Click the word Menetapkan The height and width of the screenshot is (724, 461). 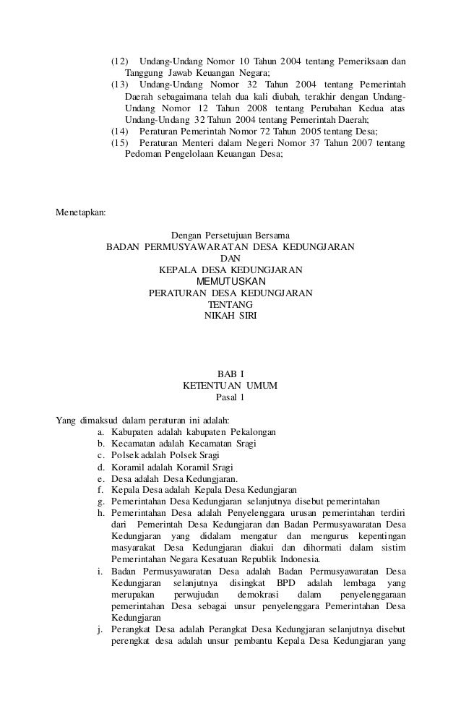click(81, 213)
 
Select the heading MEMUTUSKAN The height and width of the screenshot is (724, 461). click(231, 281)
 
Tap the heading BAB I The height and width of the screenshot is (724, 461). click(231, 374)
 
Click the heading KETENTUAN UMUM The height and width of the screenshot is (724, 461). click(231, 386)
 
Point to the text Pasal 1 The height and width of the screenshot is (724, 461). click(231, 397)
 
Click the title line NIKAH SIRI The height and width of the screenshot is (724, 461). click(231, 316)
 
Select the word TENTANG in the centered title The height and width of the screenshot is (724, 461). click(231, 304)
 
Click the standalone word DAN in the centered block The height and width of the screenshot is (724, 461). click(231, 258)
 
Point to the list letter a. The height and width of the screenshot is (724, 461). click(100, 431)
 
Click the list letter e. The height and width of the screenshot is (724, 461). click(100, 478)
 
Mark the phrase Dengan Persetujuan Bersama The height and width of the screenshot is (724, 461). click(231, 235)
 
